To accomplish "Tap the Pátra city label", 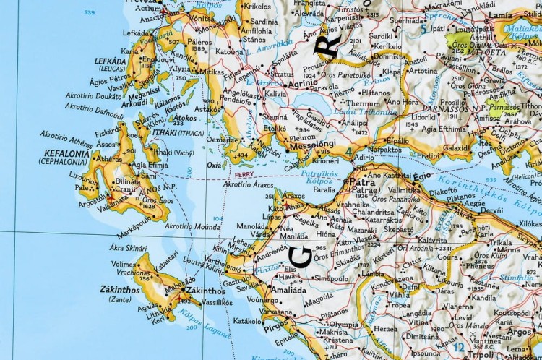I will pyautogui.click(x=367, y=184).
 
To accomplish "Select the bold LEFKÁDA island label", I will pyautogui.click(x=106, y=62).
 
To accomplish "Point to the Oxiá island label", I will pyautogui.click(x=214, y=164).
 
